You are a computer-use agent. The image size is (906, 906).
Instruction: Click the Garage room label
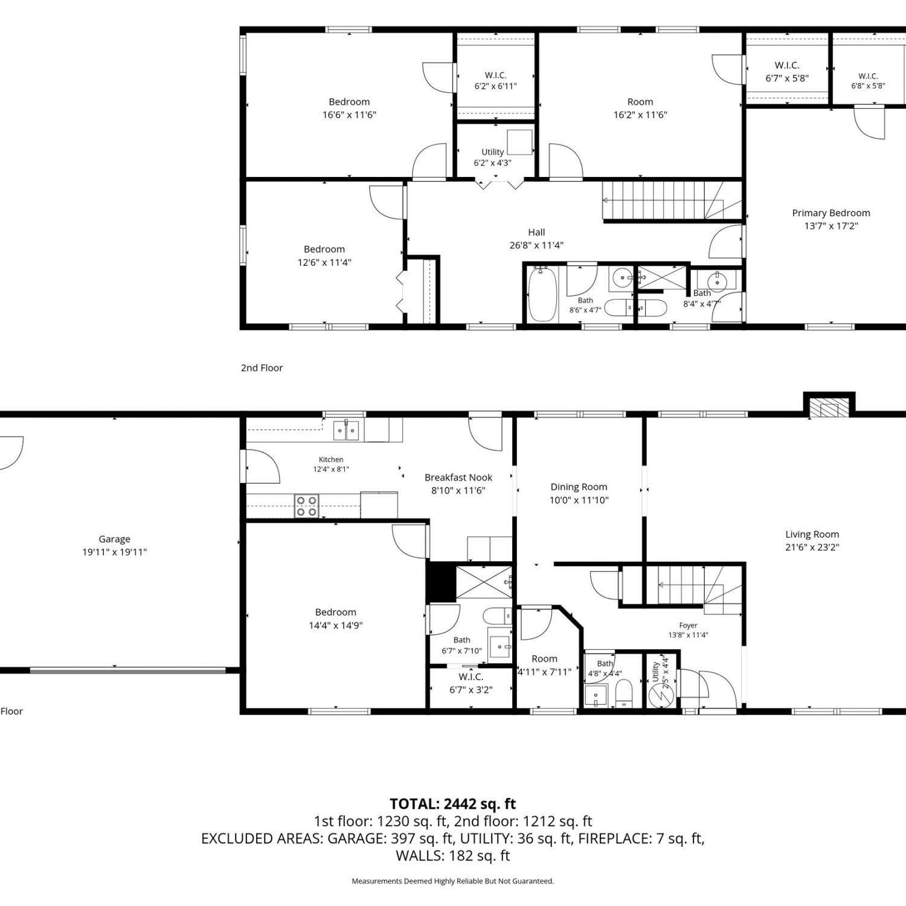[115, 539]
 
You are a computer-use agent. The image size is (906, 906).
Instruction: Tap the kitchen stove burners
[306, 506]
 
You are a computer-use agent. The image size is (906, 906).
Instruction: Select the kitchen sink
[347, 430]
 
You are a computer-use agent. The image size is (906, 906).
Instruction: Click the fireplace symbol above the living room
[828, 408]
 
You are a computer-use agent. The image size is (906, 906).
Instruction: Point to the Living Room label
[812, 534]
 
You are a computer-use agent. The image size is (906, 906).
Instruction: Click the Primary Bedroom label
[831, 213]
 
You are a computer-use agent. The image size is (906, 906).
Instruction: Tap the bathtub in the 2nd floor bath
[543, 294]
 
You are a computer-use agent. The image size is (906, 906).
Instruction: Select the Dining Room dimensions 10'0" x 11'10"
[579, 500]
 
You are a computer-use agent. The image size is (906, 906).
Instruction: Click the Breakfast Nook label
[458, 477]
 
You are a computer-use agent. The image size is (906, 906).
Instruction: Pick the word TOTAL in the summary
[414, 804]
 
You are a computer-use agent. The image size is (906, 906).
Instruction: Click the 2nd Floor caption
[262, 368]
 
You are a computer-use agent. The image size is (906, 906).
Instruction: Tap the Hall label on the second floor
[536, 232]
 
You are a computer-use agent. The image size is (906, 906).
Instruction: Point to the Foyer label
[688, 626]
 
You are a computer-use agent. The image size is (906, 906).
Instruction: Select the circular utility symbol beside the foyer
[660, 695]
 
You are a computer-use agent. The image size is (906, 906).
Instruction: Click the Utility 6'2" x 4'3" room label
[493, 158]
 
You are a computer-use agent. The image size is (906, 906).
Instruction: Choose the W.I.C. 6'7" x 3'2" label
[471, 683]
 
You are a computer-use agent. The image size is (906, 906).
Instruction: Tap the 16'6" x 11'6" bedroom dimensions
[349, 115]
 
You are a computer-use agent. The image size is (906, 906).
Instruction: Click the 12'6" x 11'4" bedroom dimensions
[324, 262]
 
